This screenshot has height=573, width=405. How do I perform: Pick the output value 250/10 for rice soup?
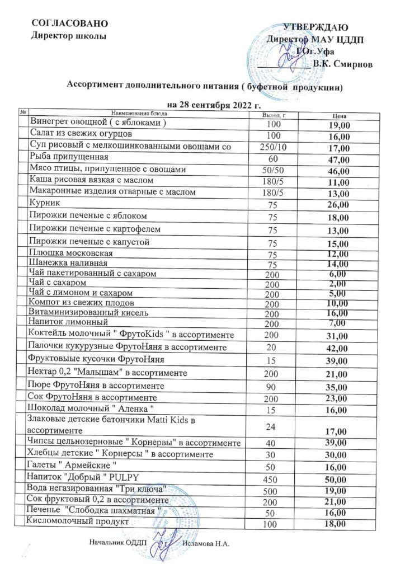(x=272, y=147)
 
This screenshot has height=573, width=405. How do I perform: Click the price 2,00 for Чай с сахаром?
(x=340, y=284)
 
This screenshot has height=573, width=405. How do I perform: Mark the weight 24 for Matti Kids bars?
(x=272, y=424)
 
